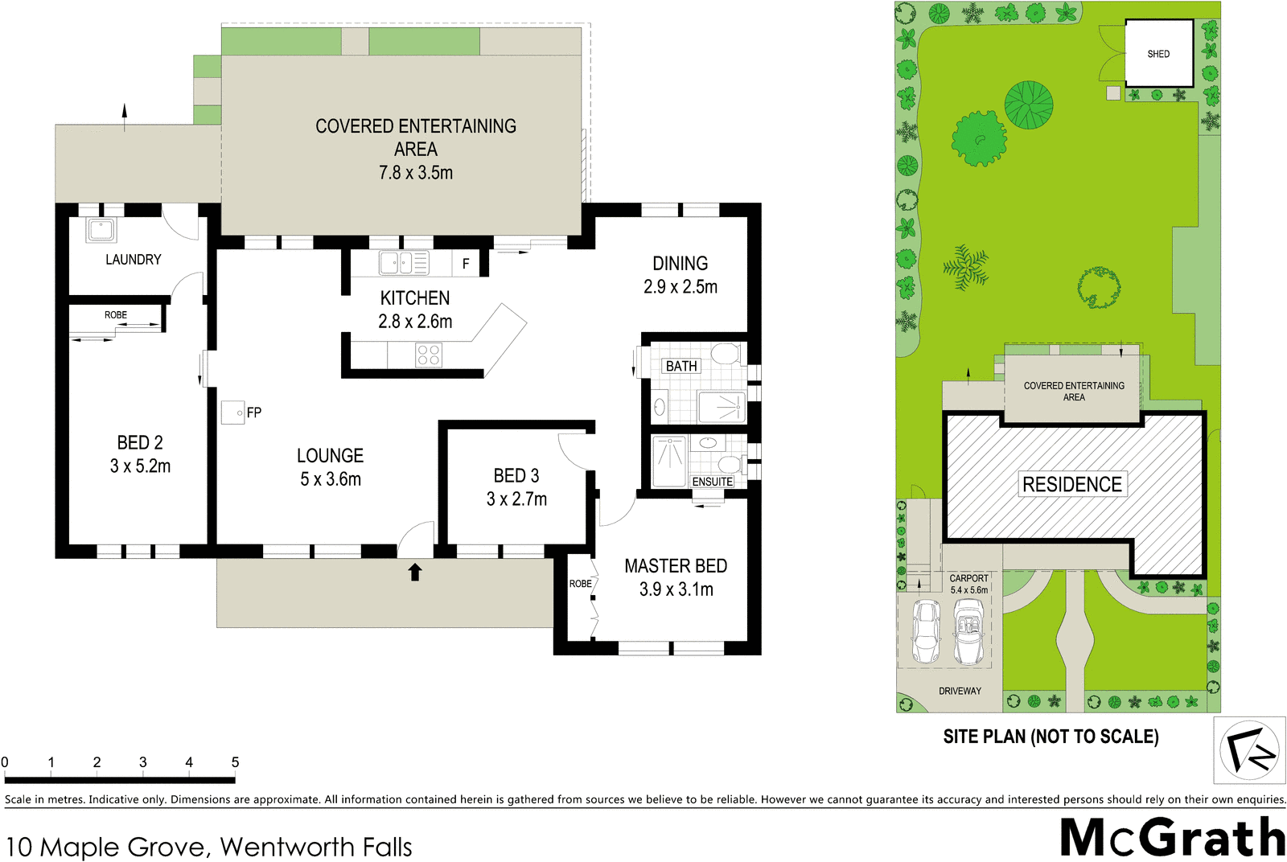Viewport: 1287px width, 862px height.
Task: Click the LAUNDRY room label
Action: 133,259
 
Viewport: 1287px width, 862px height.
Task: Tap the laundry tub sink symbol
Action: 101,230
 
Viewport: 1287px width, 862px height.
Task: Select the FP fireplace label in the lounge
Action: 254,413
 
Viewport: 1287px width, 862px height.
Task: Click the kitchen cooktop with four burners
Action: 429,355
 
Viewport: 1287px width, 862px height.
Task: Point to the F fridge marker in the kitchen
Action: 466,264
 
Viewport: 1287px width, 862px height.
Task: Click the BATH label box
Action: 681,366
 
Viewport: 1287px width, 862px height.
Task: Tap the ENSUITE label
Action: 713,482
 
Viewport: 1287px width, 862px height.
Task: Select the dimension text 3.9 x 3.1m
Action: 676,589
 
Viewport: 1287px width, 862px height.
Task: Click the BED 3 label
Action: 516,475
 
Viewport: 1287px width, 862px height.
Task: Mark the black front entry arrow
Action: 415,572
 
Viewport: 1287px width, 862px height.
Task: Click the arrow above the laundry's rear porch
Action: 124,116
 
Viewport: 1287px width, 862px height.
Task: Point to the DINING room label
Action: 681,263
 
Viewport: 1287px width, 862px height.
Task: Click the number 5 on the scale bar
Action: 235,762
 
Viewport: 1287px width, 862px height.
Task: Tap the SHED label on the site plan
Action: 1158,54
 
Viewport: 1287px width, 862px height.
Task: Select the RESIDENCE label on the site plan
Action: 1072,484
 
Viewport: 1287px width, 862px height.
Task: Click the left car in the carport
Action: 927,631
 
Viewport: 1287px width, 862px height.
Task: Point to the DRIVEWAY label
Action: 960,691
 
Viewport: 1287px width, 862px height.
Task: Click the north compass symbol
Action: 1248,750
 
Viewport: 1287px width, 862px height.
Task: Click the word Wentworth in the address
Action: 287,847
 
